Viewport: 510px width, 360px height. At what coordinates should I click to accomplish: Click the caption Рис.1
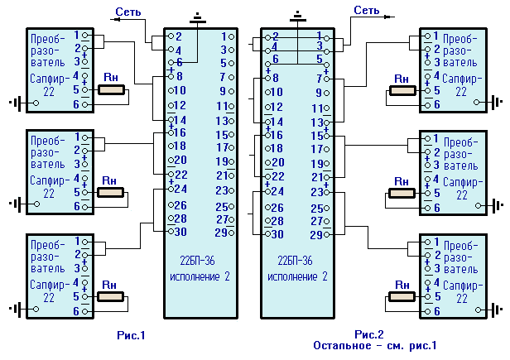(131, 335)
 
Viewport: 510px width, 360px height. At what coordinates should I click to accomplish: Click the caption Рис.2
(370, 334)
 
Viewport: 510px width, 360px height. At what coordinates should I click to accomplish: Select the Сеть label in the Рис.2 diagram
(367, 10)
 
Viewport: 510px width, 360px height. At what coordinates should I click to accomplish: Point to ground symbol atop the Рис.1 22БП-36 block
(199, 17)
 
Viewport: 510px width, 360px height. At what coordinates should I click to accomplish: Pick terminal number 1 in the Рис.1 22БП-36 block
(224, 36)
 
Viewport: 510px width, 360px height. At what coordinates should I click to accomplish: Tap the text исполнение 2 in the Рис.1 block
(199, 276)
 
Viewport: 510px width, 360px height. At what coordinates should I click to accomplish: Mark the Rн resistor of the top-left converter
(110, 88)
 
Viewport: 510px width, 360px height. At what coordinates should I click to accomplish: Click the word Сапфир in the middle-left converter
(46, 178)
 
